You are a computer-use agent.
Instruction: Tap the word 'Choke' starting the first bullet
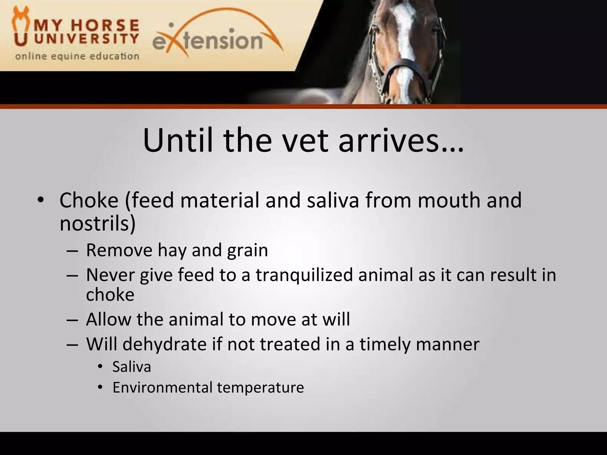coord(89,200)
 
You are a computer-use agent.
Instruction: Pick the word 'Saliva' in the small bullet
coord(132,367)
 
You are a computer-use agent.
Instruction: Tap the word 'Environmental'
coord(162,387)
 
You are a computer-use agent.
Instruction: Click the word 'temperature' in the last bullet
coord(260,387)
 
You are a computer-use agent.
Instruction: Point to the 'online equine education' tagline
coord(77,56)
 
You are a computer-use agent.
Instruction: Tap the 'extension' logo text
coord(207,41)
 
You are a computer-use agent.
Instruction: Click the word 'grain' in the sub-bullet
coord(247,250)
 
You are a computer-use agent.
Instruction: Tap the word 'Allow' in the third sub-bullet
coord(108,319)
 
